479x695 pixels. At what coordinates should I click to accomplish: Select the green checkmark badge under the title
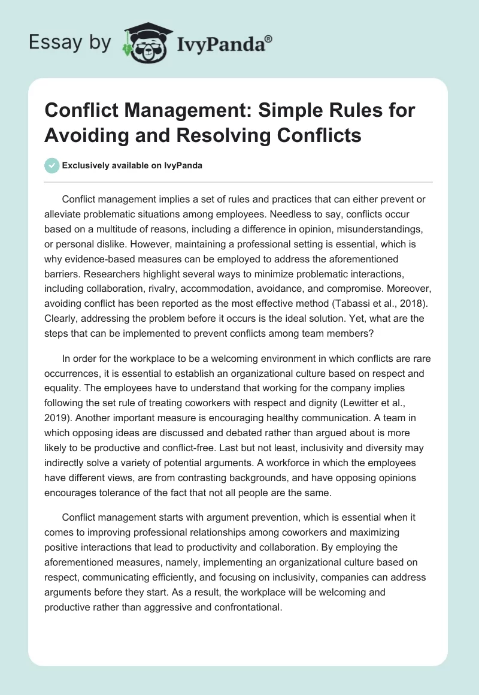coord(52,166)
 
